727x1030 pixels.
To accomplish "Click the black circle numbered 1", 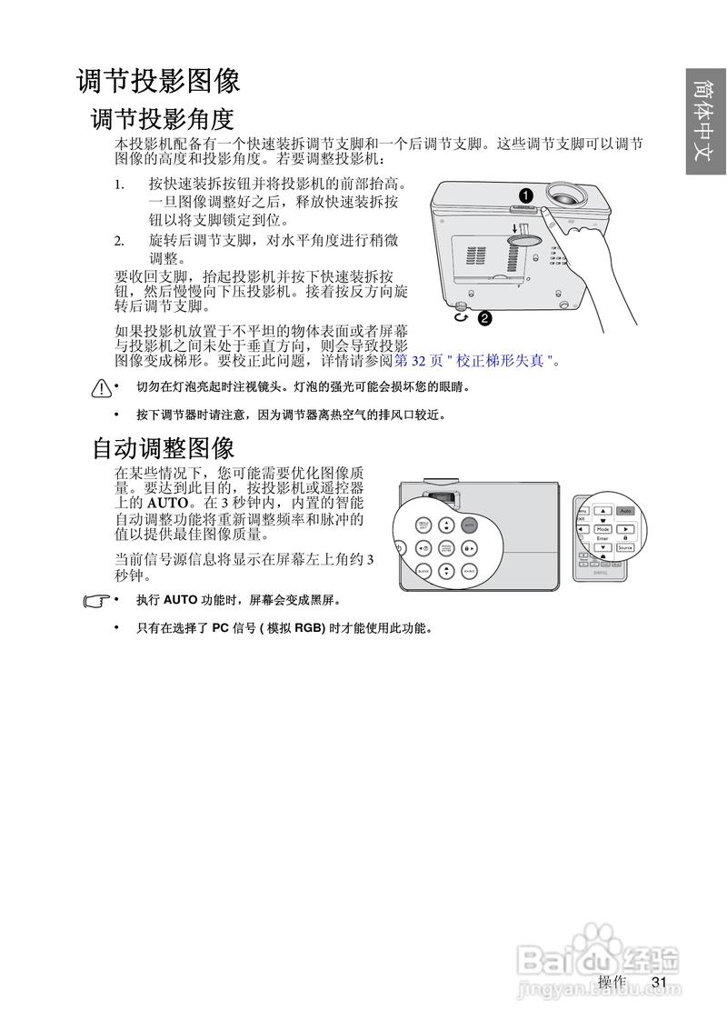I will pos(525,195).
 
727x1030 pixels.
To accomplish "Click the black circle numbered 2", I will pos(484,318).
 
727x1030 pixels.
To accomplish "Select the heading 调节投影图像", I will pos(158,81).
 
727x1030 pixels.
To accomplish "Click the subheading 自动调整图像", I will pos(164,447).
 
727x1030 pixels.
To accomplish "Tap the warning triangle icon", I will pos(100,389).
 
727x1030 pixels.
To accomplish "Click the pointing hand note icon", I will pos(94,601).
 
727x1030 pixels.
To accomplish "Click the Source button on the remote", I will pos(624,547).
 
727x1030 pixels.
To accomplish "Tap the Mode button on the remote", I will pos(603,528).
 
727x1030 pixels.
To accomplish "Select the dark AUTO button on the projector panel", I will pos(468,525).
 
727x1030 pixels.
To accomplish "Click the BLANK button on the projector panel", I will pos(423,571).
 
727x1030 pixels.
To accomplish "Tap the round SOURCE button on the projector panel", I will pos(468,571).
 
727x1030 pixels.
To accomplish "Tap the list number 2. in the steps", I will pos(119,241).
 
